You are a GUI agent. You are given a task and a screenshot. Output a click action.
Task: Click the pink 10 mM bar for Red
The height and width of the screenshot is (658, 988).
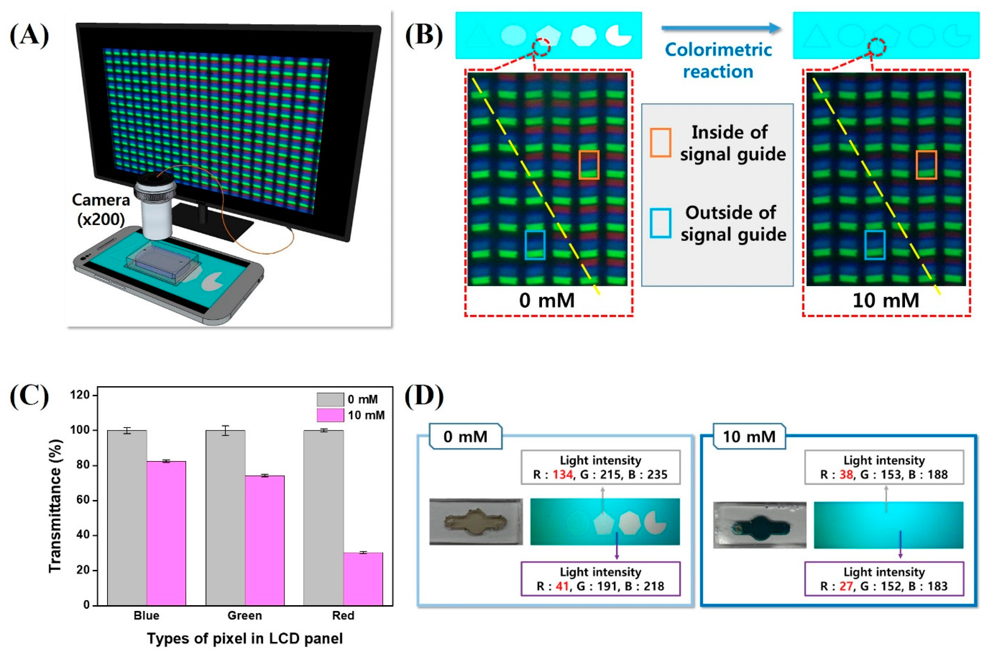[x=363, y=579]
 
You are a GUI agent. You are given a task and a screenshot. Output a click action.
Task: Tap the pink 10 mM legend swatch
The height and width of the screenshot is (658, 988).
[x=330, y=415]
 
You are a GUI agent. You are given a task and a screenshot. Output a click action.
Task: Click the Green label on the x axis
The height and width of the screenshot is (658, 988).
[x=244, y=615]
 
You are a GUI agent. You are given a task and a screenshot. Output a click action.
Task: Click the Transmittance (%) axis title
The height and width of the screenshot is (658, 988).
[x=55, y=506]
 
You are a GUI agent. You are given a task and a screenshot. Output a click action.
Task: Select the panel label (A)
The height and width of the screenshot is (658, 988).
[x=29, y=35]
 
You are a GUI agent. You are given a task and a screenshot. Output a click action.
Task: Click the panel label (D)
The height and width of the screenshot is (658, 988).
[x=424, y=396]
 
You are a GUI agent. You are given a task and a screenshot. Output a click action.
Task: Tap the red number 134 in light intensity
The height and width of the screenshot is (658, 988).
[x=563, y=475]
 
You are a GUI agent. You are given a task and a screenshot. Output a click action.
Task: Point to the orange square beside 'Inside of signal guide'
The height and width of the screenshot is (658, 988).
[x=660, y=143]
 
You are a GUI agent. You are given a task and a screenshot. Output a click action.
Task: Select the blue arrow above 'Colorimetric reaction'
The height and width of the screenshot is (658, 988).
[x=721, y=28]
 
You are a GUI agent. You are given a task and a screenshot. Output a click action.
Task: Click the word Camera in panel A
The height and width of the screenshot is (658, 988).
[x=100, y=200]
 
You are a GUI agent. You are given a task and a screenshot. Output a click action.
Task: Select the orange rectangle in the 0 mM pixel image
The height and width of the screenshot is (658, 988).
[x=589, y=165]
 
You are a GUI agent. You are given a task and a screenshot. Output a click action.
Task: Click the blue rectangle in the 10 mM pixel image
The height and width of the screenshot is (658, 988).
[x=875, y=245]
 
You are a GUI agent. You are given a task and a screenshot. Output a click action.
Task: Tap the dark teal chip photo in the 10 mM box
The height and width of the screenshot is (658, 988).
[x=759, y=525]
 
